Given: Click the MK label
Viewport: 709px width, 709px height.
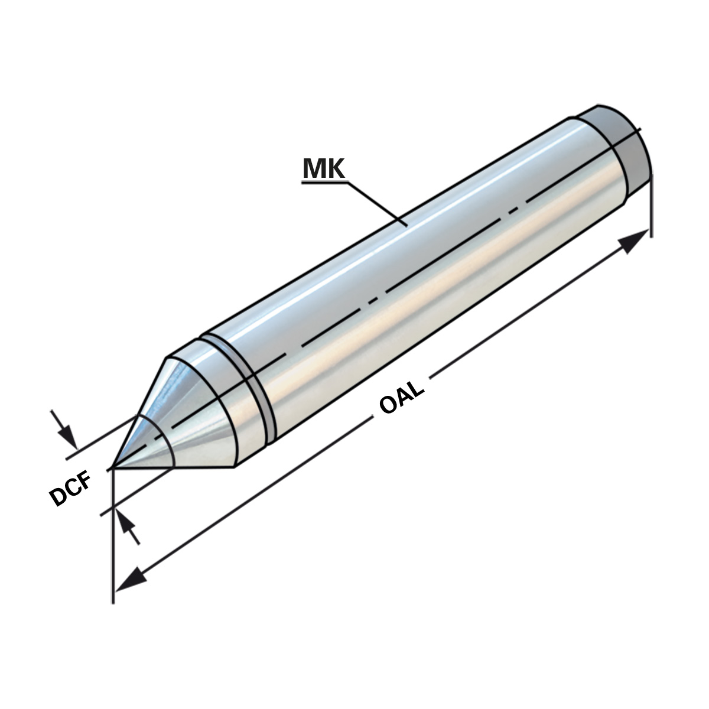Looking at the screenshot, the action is (323, 168).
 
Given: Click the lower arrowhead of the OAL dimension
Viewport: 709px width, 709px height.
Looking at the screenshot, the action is (130, 582).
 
